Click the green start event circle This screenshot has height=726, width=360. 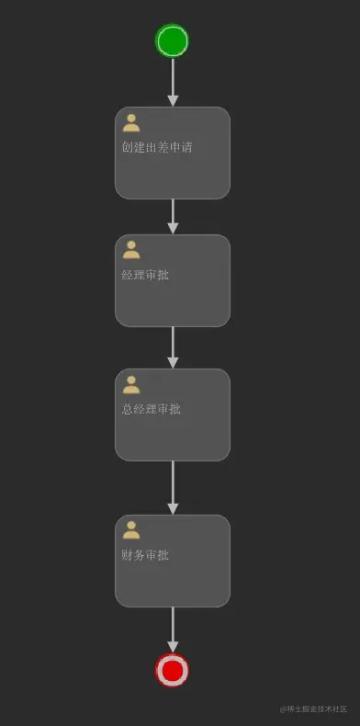coord(172,40)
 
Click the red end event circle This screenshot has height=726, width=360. coord(172,670)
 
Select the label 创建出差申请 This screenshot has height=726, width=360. coord(157,148)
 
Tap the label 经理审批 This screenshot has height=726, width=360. coord(145,275)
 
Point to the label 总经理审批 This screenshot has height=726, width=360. coord(152,409)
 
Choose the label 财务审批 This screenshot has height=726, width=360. coord(145,555)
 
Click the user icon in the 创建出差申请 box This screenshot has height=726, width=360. coord(131,123)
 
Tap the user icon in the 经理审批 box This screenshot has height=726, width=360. coord(131,250)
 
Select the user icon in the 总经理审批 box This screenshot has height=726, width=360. coord(131,384)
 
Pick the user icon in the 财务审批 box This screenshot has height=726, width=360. coord(131,530)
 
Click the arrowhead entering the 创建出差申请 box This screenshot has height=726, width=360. coord(173,101)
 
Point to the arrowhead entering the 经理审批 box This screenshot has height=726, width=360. coord(173,228)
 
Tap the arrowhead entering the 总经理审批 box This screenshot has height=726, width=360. coord(173,363)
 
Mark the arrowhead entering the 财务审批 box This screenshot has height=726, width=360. coord(173,509)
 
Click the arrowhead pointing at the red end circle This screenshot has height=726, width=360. coord(173,647)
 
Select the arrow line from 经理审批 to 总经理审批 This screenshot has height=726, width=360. coord(173,347)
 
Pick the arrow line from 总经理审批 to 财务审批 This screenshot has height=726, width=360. coord(173,488)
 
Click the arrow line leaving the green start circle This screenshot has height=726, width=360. coord(173,83)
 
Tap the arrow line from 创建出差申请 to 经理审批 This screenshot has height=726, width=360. coord(173,217)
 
